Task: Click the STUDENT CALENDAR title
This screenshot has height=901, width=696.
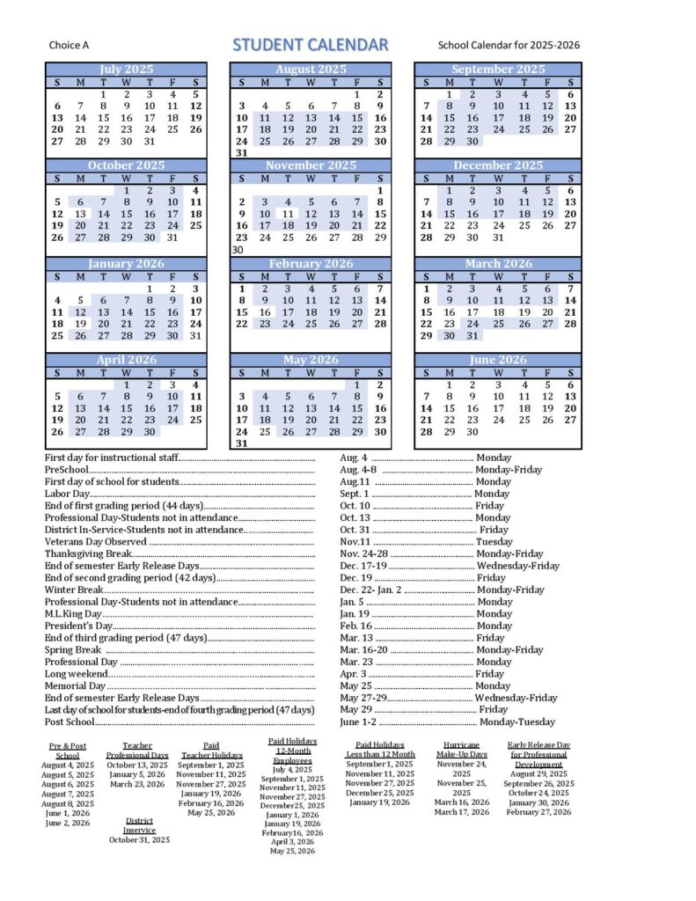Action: tap(310, 45)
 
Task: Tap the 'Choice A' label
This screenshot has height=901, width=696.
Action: tap(69, 46)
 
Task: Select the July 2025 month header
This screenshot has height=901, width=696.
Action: tap(127, 69)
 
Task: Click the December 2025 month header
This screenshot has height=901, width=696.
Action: tap(498, 165)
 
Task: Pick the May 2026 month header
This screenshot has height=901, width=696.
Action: tap(311, 360)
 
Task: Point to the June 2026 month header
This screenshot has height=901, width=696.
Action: tap(498, 360)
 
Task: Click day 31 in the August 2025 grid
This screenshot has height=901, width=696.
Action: tap(242, 153)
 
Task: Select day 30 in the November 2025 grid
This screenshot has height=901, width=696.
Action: tap(238, 250)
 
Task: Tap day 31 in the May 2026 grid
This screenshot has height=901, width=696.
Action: tap(242, 444)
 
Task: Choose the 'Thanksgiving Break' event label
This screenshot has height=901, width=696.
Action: tap(88, 554)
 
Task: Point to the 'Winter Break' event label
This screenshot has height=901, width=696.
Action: tap(75, 590)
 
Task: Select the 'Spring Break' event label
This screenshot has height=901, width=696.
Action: tap(74, 649)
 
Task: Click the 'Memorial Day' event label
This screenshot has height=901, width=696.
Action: tap(76, 685)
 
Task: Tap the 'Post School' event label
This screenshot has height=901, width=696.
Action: tap(70, 722)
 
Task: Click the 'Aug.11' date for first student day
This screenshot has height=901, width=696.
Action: tap(355, 482)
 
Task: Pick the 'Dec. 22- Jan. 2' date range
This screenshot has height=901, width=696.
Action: tap(370, 590)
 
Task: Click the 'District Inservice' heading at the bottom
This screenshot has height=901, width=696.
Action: tap(139, 825)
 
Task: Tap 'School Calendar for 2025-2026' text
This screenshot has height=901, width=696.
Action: tap(509, 46)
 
